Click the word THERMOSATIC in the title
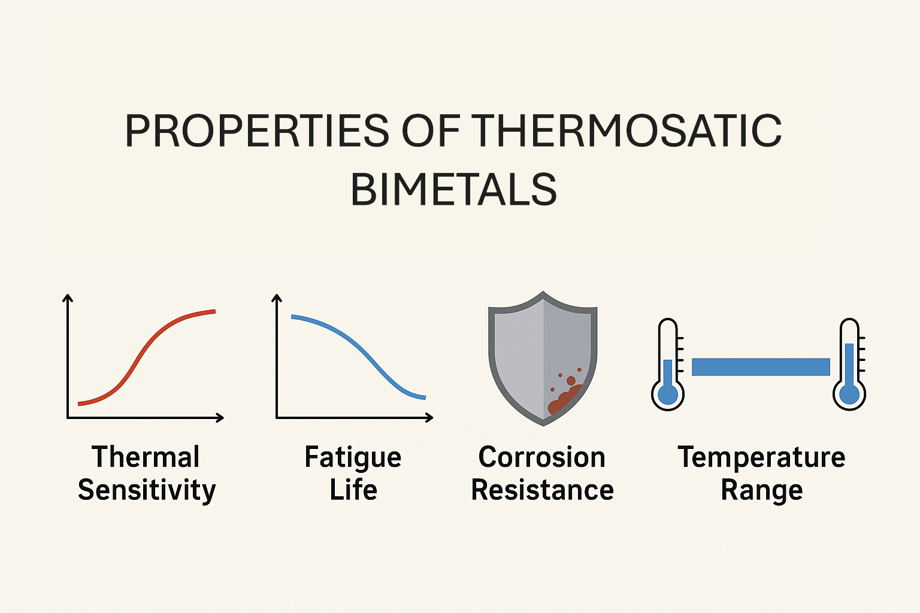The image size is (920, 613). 626,131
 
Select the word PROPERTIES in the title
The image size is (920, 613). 257,131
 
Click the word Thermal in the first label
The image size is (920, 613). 146,457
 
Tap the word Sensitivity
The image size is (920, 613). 147,490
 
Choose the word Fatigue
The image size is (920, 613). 353,458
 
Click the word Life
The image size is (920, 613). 353,490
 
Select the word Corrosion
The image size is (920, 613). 541,457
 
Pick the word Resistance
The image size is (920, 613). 542,490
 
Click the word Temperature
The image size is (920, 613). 761,457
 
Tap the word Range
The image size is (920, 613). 761,490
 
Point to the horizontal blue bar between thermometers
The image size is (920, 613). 761,367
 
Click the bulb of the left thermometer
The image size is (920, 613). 668,394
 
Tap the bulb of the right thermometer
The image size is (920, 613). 849,394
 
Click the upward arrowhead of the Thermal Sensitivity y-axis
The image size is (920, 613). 68,298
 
